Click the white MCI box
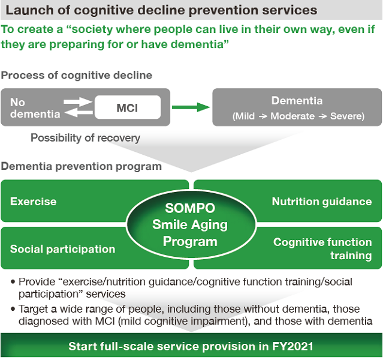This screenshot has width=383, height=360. pos(128,107)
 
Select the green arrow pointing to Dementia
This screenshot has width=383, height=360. pos(191,107)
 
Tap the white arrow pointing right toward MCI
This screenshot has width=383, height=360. pos(78,101)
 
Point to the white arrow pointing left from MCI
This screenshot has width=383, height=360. pos(79,113)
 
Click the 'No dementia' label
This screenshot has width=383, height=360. pos(35,108)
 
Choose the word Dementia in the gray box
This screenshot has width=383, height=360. pos(297,101)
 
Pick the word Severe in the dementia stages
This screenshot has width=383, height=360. pos(347,116)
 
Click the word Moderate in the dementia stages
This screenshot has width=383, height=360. pos(292,116)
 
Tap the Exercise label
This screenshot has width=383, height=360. pos(33,201)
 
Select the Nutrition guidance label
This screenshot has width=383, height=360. pos(322,202)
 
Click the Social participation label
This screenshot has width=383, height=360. pos(62,249)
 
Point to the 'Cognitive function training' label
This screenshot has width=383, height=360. pos(322,248)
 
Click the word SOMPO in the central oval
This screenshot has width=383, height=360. pos(190,208)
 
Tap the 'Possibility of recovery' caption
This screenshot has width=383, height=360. pos(86,138)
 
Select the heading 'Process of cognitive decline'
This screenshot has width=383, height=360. pos(77,75)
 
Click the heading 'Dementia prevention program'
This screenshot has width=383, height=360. pos(82,166)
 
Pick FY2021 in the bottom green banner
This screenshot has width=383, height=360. pos(292,346)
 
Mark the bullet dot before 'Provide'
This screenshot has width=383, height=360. pos(13,282)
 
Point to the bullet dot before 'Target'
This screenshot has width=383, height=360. pos(13,309)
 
